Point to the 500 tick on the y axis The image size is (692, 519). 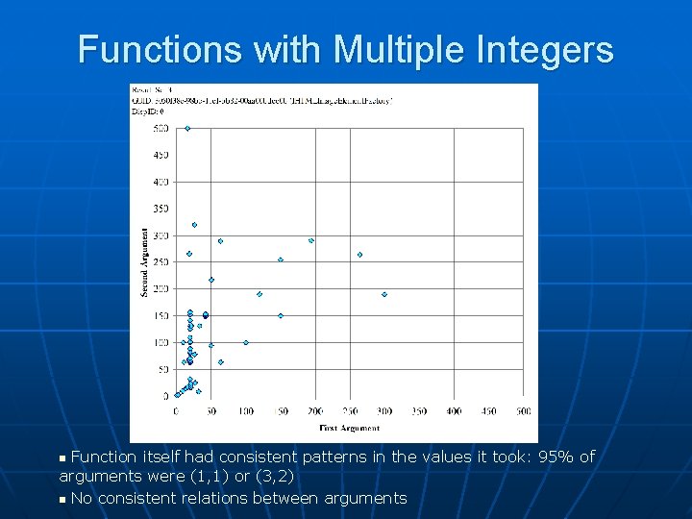pos(161,128)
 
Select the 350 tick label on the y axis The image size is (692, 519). pos(161,209)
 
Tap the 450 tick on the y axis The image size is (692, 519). pos(161,155)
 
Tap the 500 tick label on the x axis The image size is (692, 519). pos(524,410)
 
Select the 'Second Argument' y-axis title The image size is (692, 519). pos(145,261)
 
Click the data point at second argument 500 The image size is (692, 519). pos(187,128)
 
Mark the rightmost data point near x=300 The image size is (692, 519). pos(384,294)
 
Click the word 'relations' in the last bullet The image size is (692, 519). pos(218,498)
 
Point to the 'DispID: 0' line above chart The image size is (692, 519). pos(149,112)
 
